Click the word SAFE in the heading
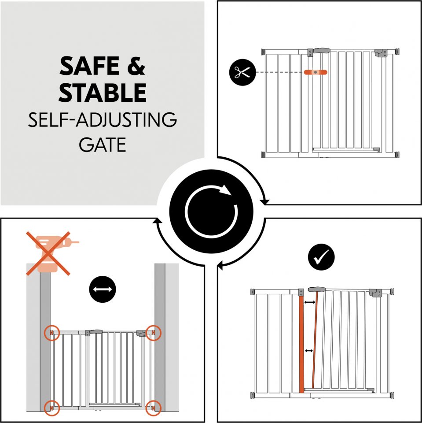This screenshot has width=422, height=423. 89,66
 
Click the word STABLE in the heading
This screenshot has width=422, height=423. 103,92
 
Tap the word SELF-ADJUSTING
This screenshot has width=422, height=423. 103,120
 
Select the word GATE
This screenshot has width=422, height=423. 103,145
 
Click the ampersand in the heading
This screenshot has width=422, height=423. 136,66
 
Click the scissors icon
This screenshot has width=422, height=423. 242,72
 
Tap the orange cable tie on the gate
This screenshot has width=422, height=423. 316,72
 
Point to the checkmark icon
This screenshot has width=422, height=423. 321,257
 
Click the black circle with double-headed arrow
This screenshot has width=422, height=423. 103,289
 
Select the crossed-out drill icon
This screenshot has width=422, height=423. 48,254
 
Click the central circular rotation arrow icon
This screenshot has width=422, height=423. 211,211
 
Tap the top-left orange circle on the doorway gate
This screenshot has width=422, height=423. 52,333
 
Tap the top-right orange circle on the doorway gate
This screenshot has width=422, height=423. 153,333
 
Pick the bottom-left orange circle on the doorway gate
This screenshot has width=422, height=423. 52,408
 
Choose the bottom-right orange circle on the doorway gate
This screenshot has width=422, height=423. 153,408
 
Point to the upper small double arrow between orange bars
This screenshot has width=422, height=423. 310,302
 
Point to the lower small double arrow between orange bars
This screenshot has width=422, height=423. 308,351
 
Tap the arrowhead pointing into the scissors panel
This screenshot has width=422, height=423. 265,202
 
